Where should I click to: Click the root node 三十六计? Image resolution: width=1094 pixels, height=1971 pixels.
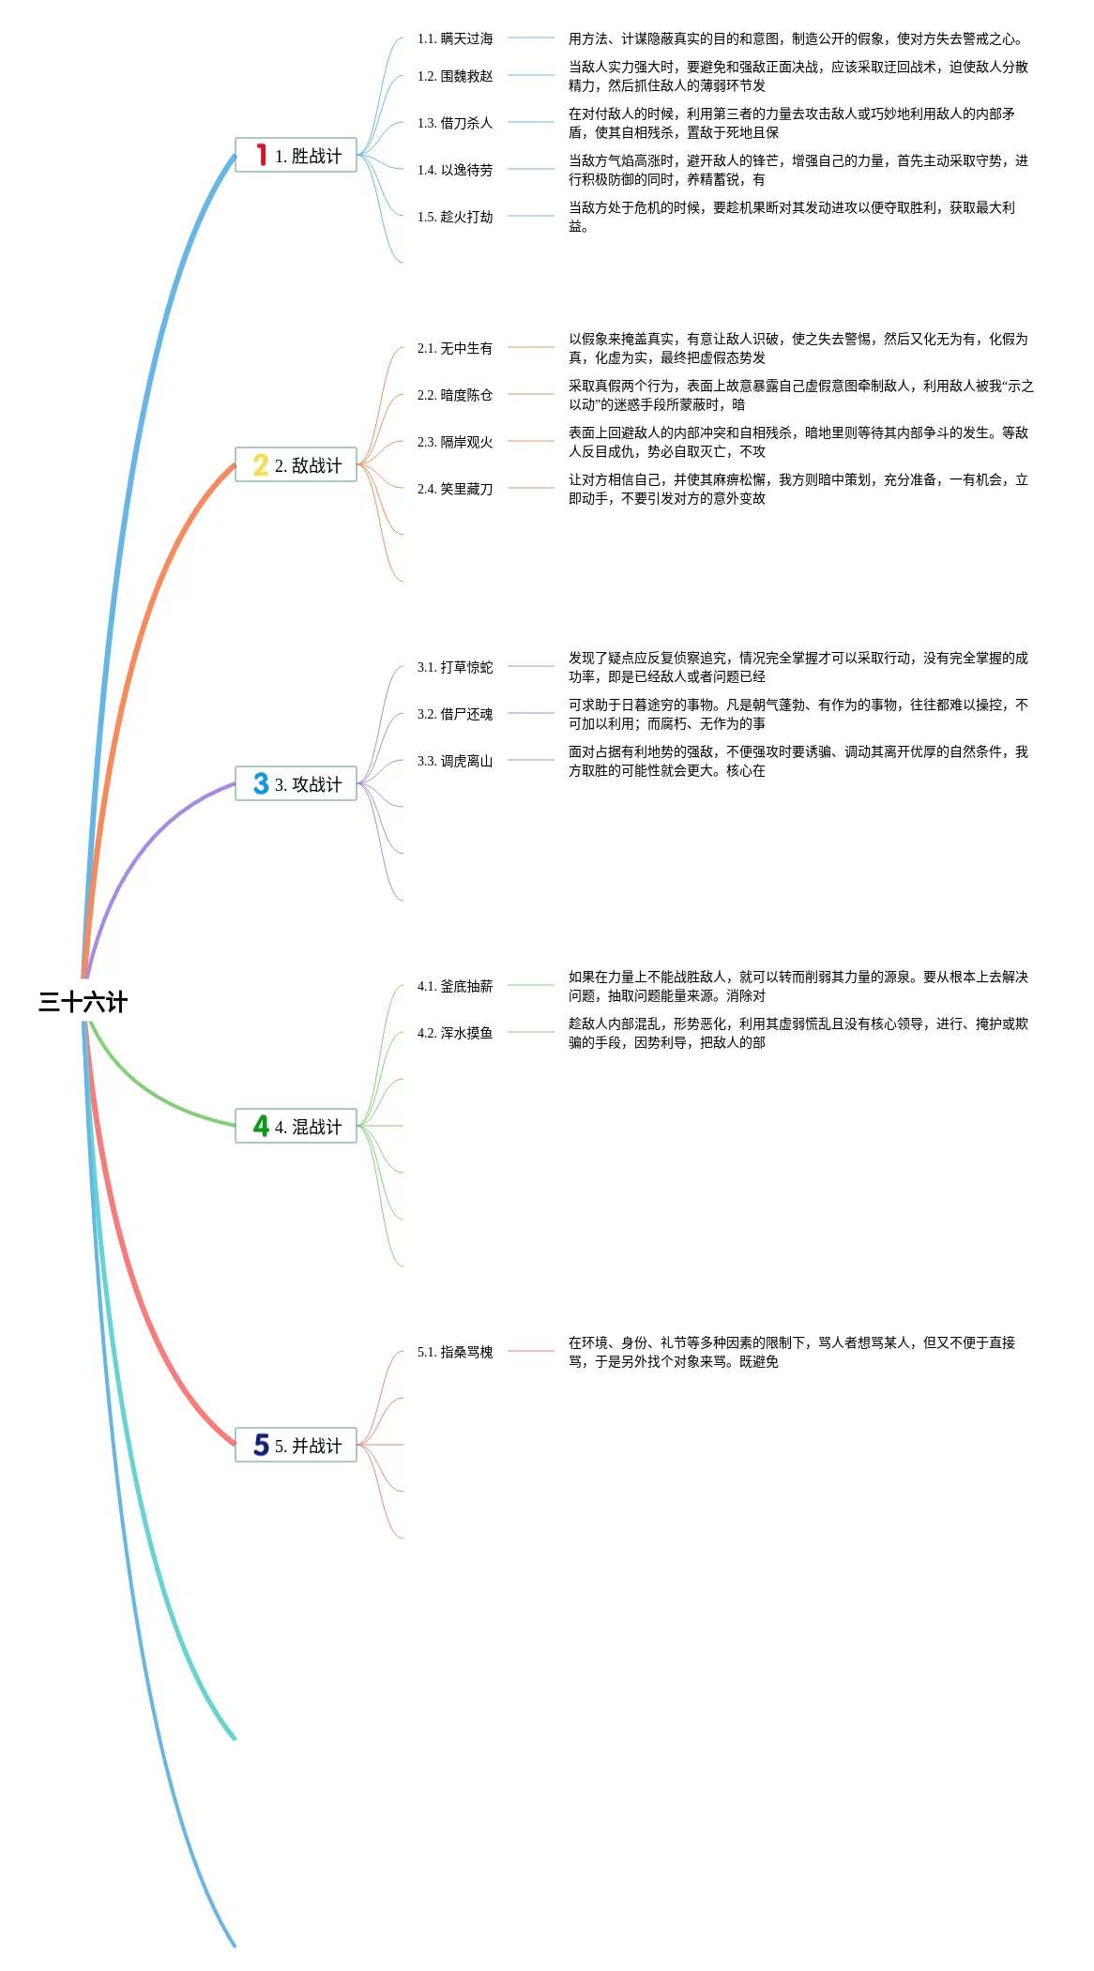pos(83,1002)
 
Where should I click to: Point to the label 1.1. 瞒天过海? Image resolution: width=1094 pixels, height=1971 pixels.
pos(455,38)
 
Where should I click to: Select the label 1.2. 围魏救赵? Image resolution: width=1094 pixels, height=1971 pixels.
pos(455,76)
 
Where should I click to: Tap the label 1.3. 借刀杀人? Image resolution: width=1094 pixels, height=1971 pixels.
pos(455,123)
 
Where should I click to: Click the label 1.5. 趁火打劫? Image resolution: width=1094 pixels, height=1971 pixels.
pos(455,217)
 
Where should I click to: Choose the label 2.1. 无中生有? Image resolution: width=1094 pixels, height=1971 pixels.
pos(455,348)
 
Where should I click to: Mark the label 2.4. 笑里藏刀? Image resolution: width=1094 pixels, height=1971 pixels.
pos(455,489)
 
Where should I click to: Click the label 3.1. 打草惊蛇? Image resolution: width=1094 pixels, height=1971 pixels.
pos(455,667)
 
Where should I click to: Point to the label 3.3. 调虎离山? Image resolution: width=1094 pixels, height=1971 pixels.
pos(455,761)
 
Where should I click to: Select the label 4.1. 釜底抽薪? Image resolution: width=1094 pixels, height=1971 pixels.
pos(455,986)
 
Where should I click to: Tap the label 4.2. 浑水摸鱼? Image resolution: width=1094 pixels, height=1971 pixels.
pos(455,1033)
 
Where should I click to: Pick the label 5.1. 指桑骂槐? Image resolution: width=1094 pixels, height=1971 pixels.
pos(455,1352)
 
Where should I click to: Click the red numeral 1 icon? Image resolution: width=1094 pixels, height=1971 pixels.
pos(262,155)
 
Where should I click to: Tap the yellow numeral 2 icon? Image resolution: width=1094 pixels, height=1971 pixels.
pos(261,464)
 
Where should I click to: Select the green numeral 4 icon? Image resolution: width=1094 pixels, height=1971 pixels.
pos(261,1126)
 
